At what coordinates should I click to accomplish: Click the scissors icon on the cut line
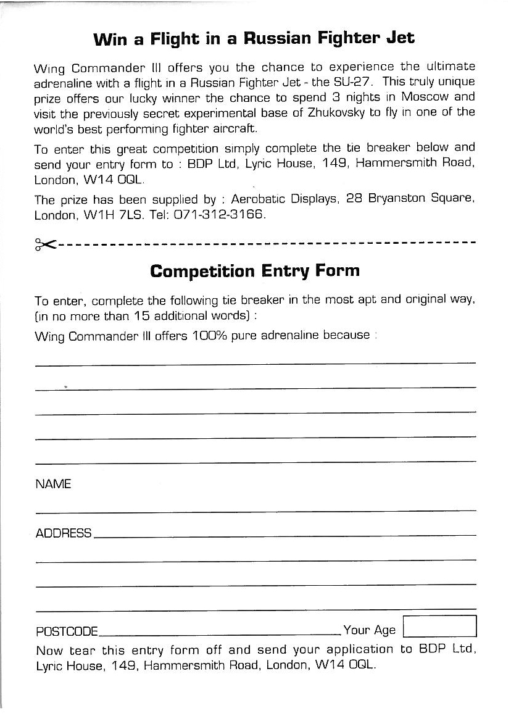click(46, 244)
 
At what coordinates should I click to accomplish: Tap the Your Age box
click(439, 626)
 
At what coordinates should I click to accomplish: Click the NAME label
click(54, 484)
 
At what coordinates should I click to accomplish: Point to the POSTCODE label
click(67, 631)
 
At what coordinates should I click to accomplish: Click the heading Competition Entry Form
click(255, 271)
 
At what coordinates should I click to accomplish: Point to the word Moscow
click(427, 98)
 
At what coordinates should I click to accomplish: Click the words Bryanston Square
click(422, 200)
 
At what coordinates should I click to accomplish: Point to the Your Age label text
click(369, 630)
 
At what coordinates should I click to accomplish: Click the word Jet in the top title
click(400, 38)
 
